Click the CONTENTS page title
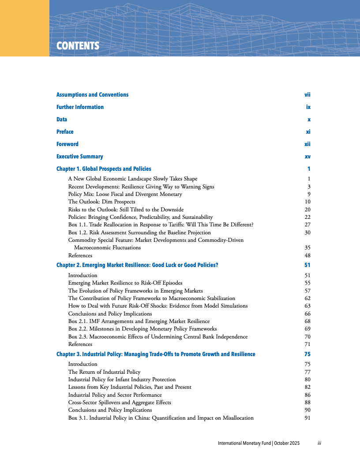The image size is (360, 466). tap(78, 46)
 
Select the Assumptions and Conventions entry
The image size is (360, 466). tap(92, 95)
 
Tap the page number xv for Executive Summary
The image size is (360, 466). tap(307, 157)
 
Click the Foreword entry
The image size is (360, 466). tap(67, 144)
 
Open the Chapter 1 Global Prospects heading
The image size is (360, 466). tap(104, 169)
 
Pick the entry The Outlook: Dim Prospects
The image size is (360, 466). tap(101, 202)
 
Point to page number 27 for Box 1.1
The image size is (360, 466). tap(307, 225)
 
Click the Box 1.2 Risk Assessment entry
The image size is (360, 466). tap(139, 233)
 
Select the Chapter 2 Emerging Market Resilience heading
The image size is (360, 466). tap(137, 265)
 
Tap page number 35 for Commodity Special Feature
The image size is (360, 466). tap(307, 248)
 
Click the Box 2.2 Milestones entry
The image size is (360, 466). tap(142, 329)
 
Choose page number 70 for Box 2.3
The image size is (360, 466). tap(307, 337)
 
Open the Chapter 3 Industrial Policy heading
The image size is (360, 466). tap(156, 354)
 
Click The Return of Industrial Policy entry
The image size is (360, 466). tap(104, 372)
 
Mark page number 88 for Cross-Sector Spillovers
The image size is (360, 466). tap(307, 402)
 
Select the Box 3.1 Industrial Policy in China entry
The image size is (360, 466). tap(161, 418)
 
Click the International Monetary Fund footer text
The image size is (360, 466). tap(259, 443)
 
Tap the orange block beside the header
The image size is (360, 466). tap(24, 28)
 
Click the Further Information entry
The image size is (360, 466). tap(80, 107)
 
